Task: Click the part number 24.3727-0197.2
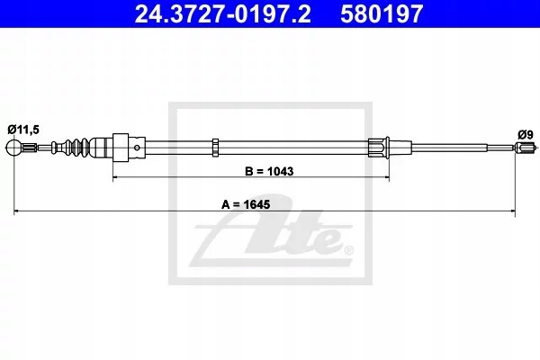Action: pyautogui.click(x=223, y=13)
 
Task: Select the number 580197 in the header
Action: pyautogui.click(x=382, y=13)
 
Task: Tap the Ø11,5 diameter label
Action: pyautogui.click(x=23, y=130)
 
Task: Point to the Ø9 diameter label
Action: pyautogui.click(x=526, y=134)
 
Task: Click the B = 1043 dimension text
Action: pyautogui.click(x=269, y=171)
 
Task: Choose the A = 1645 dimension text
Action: pyautogui.click(x=246, y=204)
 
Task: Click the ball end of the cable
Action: pyautogui.click(x=13, y=148)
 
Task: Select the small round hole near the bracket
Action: pyautogui.click(x=137, y=148)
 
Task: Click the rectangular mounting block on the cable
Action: pyautogui.click(x=121, y=148)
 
